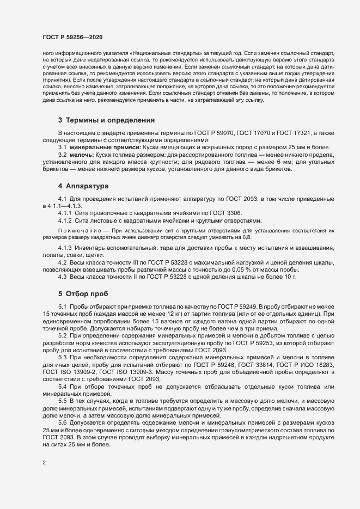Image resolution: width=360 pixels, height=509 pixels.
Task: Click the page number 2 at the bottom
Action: pyautogui.click(x=44, y=463)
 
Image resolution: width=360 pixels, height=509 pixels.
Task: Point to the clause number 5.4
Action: pyautogui.click(x=63, y=386)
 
